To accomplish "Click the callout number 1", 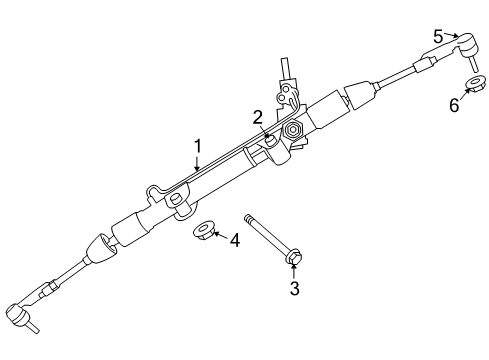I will (197, 146).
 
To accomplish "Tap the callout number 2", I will (257, 117).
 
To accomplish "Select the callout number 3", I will (293, 289).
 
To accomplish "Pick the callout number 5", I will (439, 36).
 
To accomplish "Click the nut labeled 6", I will (473, 83).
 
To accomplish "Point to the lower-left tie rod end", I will (22, 317).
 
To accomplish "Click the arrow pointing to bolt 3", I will (293, 273).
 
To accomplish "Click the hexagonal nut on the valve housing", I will (295, 132).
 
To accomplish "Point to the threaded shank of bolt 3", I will (265, 235).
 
